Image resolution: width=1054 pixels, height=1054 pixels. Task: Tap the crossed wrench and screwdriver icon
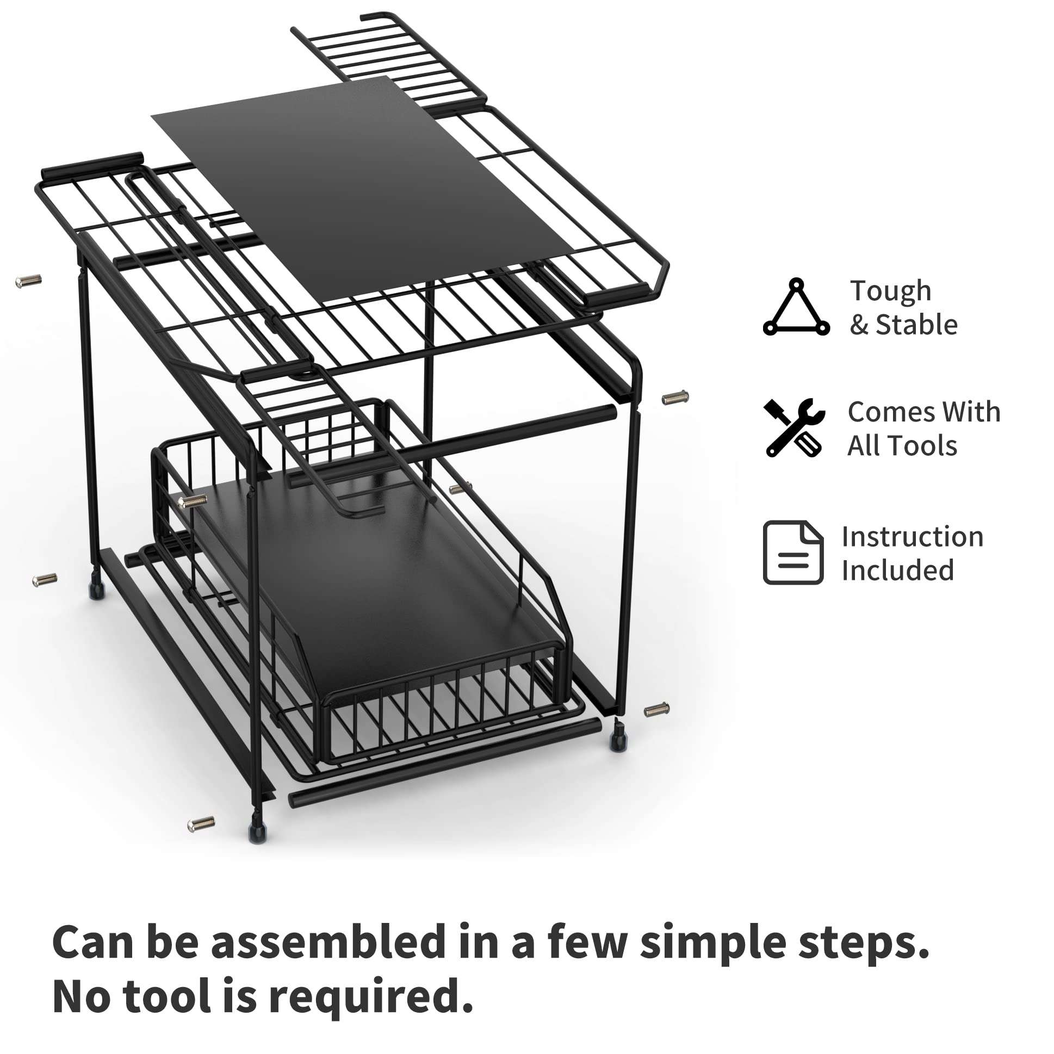[x=794, y=427]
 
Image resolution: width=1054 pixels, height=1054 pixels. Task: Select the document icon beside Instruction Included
[x=793, y=552]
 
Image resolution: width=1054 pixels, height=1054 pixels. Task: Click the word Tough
[x=890, y=291]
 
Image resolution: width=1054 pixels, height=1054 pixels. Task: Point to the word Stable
[x=916, y=325]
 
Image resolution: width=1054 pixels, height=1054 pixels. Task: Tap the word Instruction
[x=912, y=537]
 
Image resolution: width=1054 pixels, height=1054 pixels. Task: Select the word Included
[x=897, y=570]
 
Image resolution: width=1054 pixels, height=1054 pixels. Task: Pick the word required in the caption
[x=371, y=996]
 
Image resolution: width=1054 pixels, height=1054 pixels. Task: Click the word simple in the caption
[x=714, y=942]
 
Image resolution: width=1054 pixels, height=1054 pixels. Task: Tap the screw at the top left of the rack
[x=28, y=282]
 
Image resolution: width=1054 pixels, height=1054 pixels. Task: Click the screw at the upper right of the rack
[x=675, y=398]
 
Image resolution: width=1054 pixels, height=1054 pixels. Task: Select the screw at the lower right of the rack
[x=656, y=710]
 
